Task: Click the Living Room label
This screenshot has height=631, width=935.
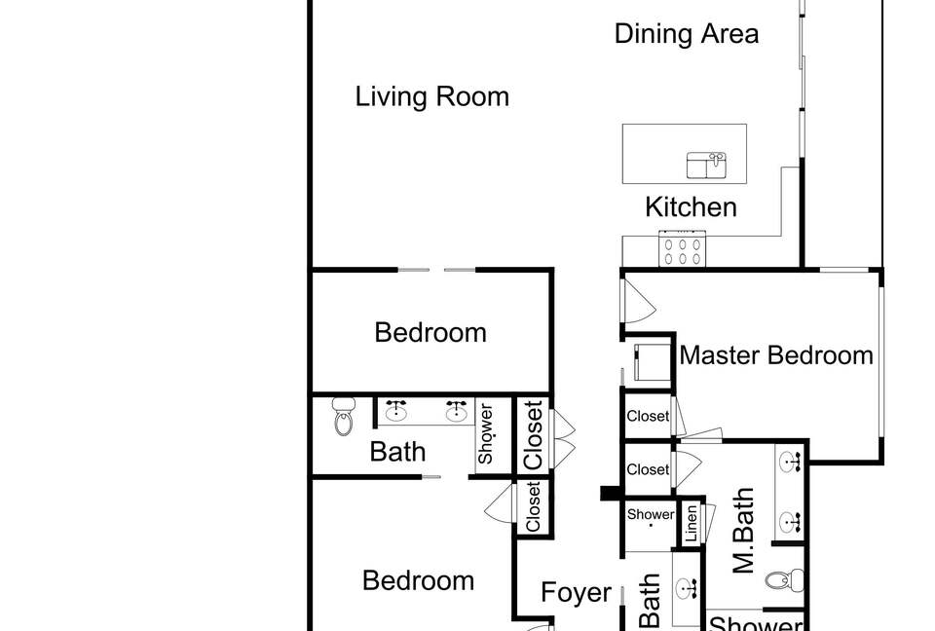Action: coord(432,96)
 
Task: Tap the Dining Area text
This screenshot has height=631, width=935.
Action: coord(687,33)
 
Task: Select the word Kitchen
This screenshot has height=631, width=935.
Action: coord(691,207)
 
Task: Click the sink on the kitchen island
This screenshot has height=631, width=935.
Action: coord(706,166)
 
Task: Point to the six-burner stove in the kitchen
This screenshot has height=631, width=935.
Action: coord(682,248)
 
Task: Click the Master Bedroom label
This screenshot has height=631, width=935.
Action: coord(776,354)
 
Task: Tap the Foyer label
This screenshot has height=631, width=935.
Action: coord(576,592)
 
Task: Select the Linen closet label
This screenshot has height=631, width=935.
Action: coord(692,524)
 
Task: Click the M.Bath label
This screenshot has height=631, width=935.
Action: coord(743,530)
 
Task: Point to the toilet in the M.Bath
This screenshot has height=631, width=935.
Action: coord(784,579)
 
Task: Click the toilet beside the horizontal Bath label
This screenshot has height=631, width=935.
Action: coord(344,416)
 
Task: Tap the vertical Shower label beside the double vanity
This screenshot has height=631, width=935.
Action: coord(485,433)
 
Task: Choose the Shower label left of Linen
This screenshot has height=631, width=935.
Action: coord(650,514)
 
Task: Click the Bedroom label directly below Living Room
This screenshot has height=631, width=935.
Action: coord(430,332)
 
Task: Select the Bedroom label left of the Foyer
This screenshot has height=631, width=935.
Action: coord(418,580)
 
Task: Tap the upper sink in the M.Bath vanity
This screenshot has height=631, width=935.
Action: coord(790,463)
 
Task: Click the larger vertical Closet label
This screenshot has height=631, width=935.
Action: coord(534,434)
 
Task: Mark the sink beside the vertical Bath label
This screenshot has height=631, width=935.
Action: coord(688,589)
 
